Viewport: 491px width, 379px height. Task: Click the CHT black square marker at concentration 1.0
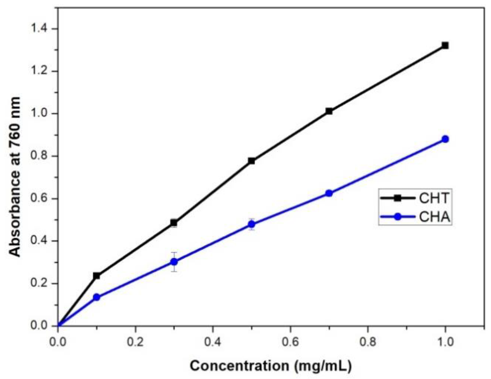point(445,45)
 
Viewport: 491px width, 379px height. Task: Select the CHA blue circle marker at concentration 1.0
point(445,139)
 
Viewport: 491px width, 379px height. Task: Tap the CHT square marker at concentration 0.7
point(329,111)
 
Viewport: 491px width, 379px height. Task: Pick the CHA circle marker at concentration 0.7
point(329,193)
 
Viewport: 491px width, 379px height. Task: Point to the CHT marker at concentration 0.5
point(251,161)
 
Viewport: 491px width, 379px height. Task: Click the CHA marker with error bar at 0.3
point(174,262)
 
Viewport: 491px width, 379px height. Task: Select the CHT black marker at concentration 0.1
point(96,276)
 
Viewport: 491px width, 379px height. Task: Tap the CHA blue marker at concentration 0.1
point(97,297)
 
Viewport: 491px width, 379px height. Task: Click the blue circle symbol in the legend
point(398,217)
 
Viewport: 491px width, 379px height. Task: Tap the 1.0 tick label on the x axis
point(445,342)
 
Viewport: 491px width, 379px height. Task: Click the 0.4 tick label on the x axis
point(213,342)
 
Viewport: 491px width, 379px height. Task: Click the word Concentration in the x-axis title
point(239,366)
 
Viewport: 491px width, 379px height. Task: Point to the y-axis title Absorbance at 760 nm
point(15,177)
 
